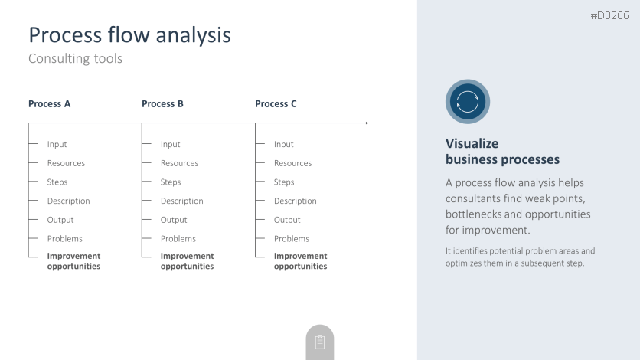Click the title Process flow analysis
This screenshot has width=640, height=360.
coord(130,35)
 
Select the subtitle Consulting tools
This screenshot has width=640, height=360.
coord(76,58)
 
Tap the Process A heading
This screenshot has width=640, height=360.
coord(50,104)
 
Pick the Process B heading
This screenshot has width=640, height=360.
coord(162,104)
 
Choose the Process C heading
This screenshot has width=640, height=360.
coord(276,104)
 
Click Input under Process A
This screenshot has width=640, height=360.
coord(57,145)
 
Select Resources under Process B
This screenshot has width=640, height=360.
coord(180,163)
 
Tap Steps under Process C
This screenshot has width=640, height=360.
coord(284,182)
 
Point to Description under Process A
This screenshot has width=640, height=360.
coord(69,201)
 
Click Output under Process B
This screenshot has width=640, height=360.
coord(174,220)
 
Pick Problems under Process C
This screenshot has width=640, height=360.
coord(292,239)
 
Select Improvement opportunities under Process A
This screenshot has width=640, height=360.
coord(74,261)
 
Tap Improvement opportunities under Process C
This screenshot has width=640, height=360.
coord(300,261)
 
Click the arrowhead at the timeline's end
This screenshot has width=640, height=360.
coord(367,123)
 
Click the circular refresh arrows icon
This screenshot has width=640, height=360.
coord(468,102)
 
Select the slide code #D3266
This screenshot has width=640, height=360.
coord(610,15)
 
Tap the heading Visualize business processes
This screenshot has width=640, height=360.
coord(502,152)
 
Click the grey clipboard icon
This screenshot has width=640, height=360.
coord(320,342)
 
